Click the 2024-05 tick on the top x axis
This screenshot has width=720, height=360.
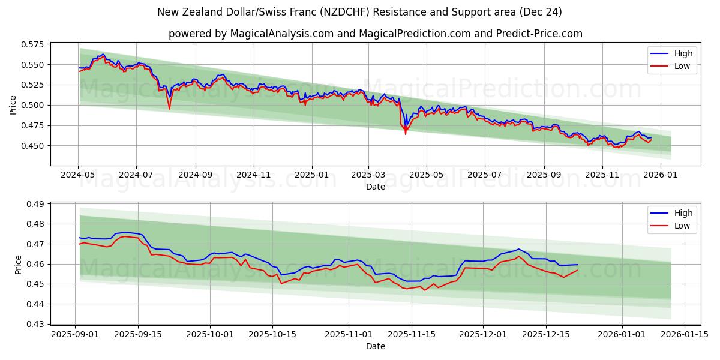point(78,175)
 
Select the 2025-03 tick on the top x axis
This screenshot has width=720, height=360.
point(368,175)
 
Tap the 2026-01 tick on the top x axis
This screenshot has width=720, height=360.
point(660,175)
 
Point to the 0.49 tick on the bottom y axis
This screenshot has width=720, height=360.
point(35,204)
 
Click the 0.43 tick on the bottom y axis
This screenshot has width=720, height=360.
point(35,324)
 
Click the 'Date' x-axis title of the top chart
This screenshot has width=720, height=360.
point(375,187)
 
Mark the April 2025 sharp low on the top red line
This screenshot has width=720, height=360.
point(405,133)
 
